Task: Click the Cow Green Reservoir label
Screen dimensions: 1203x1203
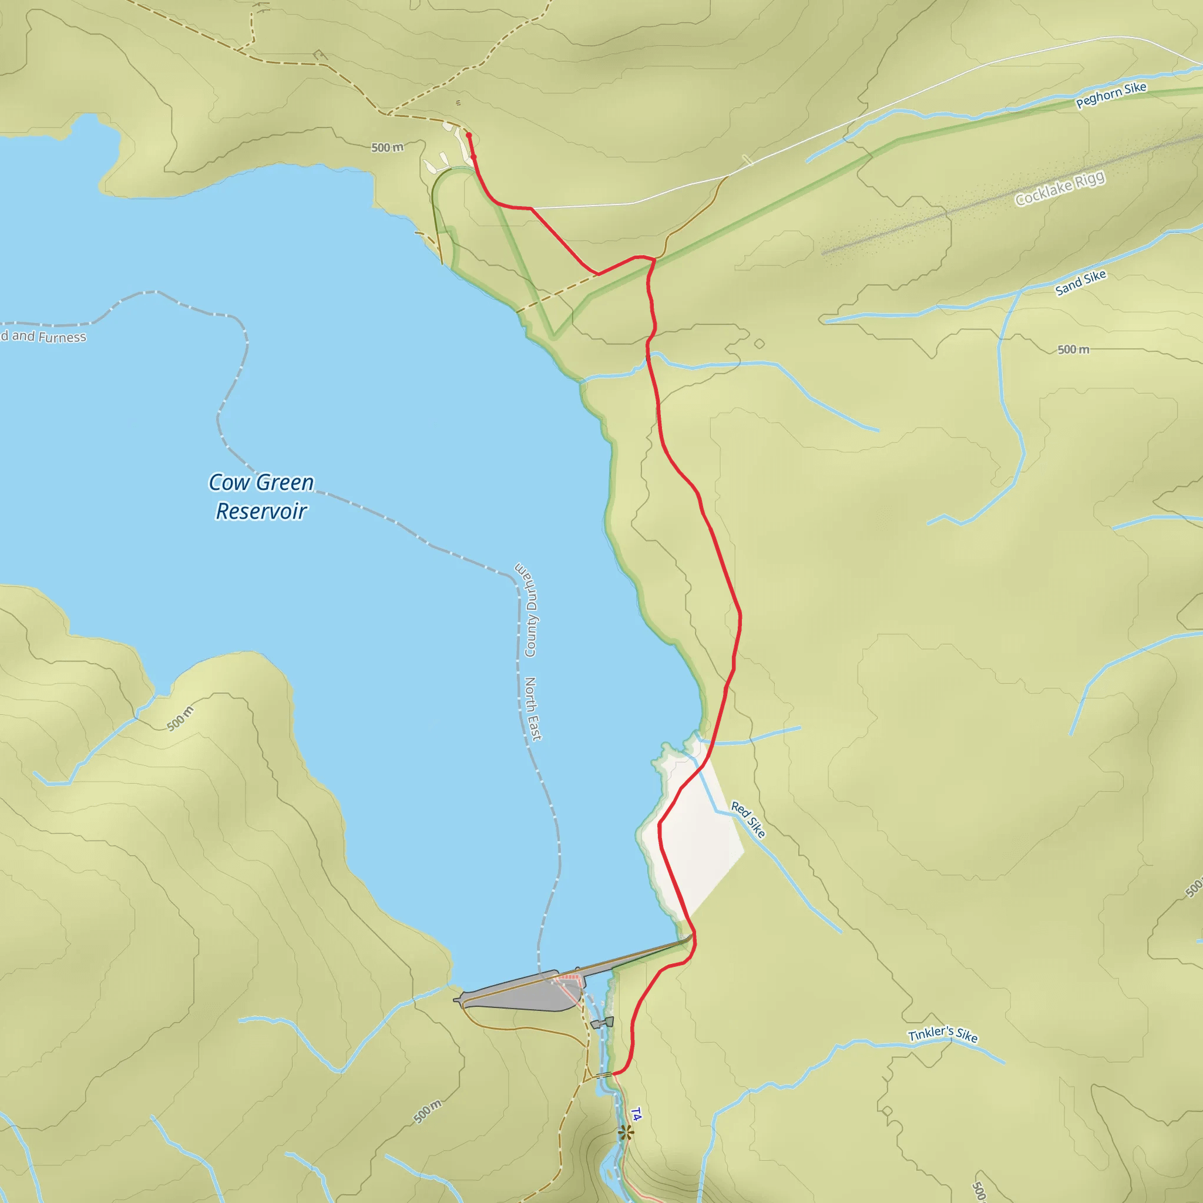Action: (x=261, y=496)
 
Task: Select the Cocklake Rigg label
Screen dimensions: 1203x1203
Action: (x=1060, y=188)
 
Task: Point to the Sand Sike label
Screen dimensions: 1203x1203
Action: (x=1080, y=282)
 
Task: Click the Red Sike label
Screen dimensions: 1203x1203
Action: (x=748, y=819)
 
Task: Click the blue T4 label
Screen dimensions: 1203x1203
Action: (x=636, y=1114)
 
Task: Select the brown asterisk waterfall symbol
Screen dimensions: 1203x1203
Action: (x=626, y=1133)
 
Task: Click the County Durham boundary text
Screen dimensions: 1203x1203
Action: (x=527, y=610)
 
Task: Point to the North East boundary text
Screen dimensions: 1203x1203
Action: (x=533, y=708)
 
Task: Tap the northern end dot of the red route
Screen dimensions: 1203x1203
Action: (x=469, y=135)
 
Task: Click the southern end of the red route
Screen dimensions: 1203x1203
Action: (x=614, y=1074)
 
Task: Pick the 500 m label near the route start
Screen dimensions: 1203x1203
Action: (x=387, y=147)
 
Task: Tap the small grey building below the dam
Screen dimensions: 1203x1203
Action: (x=602, y=1023)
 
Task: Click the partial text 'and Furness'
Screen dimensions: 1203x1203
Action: (x=43, y=337)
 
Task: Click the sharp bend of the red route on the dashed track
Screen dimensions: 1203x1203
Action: (x=598, y=274)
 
